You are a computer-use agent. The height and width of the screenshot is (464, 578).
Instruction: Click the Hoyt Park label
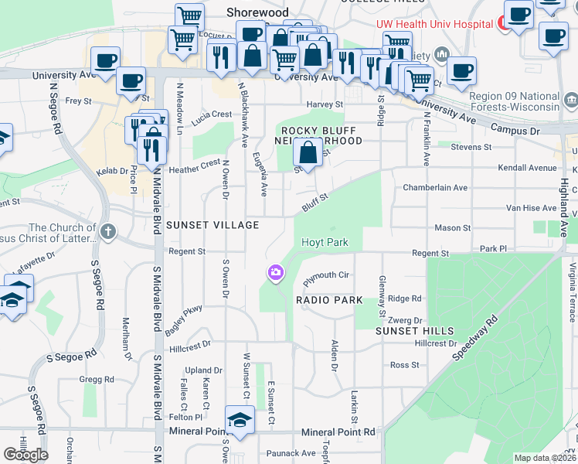325,242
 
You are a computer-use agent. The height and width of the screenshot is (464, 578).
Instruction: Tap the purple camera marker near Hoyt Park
275,273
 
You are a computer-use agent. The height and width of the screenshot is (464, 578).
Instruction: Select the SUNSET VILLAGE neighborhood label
209,225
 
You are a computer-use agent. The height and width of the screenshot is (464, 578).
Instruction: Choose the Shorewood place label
257,12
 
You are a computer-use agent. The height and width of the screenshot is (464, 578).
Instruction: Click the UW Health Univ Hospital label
434,24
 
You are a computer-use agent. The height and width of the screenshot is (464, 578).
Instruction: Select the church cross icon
108,230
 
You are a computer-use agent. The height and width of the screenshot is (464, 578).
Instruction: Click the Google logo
25,455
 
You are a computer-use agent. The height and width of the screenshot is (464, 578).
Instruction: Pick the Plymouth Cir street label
327,275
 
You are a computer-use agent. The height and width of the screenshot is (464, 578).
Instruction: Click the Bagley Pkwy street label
183,320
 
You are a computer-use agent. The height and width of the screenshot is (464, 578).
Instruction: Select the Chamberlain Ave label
436,188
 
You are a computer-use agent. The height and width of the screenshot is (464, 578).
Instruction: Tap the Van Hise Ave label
531,208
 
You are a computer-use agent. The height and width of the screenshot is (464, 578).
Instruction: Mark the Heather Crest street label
194,166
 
